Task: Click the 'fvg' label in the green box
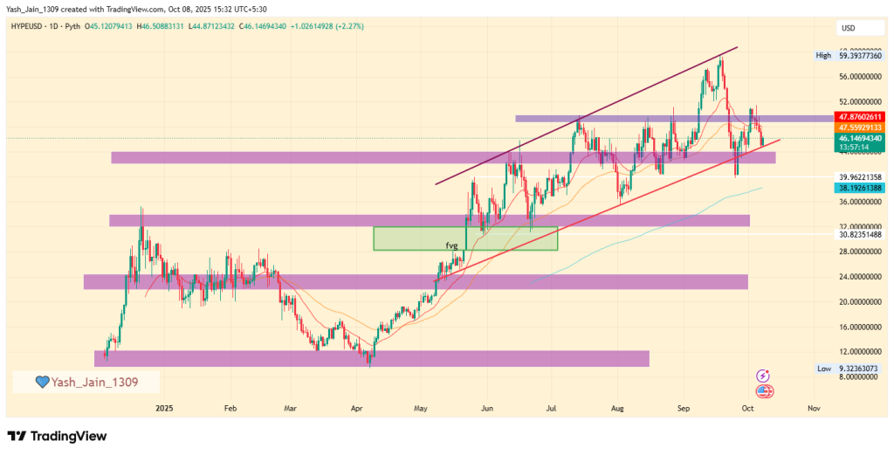coord(451,245)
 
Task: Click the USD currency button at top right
coord(848,29)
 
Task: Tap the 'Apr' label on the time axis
coord(356,408)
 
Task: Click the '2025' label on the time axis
coord(165,408)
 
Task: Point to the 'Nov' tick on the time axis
coord(814,408)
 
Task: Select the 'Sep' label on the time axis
coord(684,408)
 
